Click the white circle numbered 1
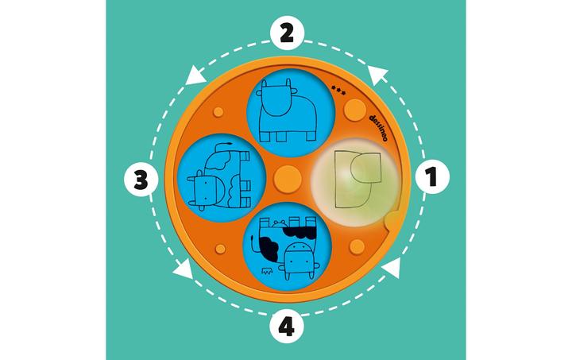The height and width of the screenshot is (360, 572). point(432,177)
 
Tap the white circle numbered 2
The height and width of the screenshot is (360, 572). point(287,34)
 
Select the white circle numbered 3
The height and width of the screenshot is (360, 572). point(141,180)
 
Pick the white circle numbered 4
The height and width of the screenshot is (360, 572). point(287,326)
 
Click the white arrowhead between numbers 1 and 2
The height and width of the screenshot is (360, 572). point(377,75)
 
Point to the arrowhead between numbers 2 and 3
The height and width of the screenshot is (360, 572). point(196,75)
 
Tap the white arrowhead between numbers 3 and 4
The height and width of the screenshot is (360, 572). point(184,269)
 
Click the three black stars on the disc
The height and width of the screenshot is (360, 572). point(338,90)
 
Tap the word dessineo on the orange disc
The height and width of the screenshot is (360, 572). point(378,128)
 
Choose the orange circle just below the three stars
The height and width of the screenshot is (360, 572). point(355,109)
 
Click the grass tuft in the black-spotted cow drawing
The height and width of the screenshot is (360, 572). point(267,271)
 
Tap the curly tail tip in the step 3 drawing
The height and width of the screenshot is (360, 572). point(228,143)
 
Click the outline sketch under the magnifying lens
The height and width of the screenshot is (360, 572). point(357,179)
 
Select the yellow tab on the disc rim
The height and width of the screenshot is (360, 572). point(393,221)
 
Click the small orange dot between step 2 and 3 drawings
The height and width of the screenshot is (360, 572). point(218,112)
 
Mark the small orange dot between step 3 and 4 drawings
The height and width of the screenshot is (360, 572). point(220,249)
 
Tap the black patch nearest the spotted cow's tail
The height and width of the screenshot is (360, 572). point(269,248)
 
